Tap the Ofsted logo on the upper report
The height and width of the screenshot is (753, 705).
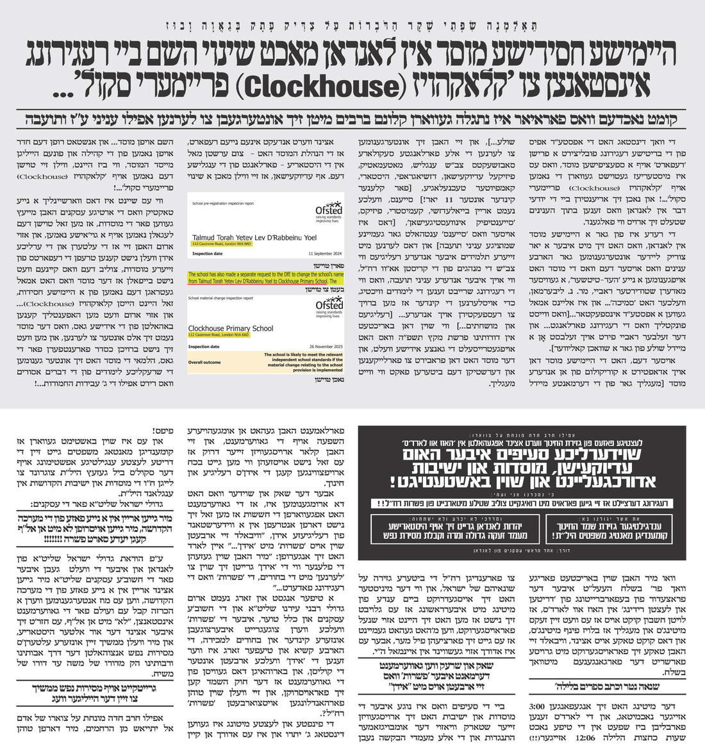[x=329, y=212]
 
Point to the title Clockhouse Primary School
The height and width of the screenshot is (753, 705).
[x=231, y=329]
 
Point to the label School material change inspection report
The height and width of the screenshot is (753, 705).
[x=220, y=298]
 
